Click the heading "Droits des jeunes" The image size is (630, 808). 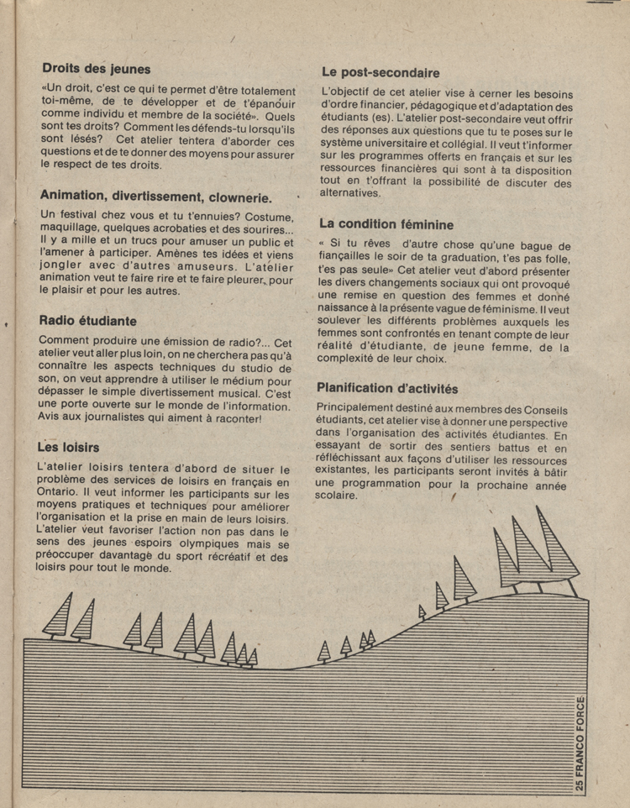coord(96,69)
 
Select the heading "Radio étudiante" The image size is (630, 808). coord(88,320)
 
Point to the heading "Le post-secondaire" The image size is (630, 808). coord(379,73)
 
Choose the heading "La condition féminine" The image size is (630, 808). coord(386,224)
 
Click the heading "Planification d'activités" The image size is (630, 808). coord(387,388)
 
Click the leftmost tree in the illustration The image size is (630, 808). coord(59,617)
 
